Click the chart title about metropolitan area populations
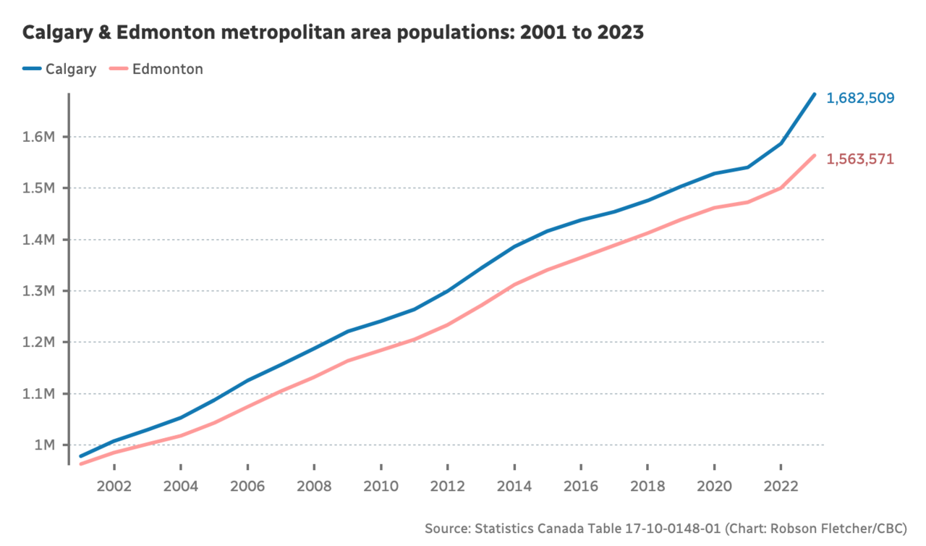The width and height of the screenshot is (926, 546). point(333,33)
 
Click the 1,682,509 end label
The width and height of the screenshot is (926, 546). point(861,98)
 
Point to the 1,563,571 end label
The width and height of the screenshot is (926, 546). point(860,159)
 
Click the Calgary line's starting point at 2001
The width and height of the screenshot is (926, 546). point(80,456)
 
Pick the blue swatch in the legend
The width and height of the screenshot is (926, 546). point(31,70)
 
